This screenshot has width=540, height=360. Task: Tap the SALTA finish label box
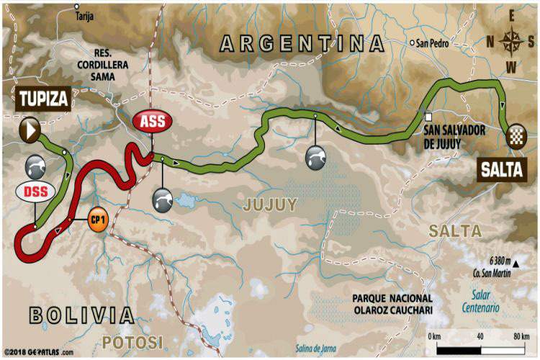[503, 169]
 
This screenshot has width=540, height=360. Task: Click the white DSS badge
[31, 194]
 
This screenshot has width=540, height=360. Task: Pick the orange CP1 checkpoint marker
[97, 218]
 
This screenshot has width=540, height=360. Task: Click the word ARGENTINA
[302, 44]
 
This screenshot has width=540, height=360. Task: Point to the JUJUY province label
[270, 204]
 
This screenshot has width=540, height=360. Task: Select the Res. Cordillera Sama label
[114, 64]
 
